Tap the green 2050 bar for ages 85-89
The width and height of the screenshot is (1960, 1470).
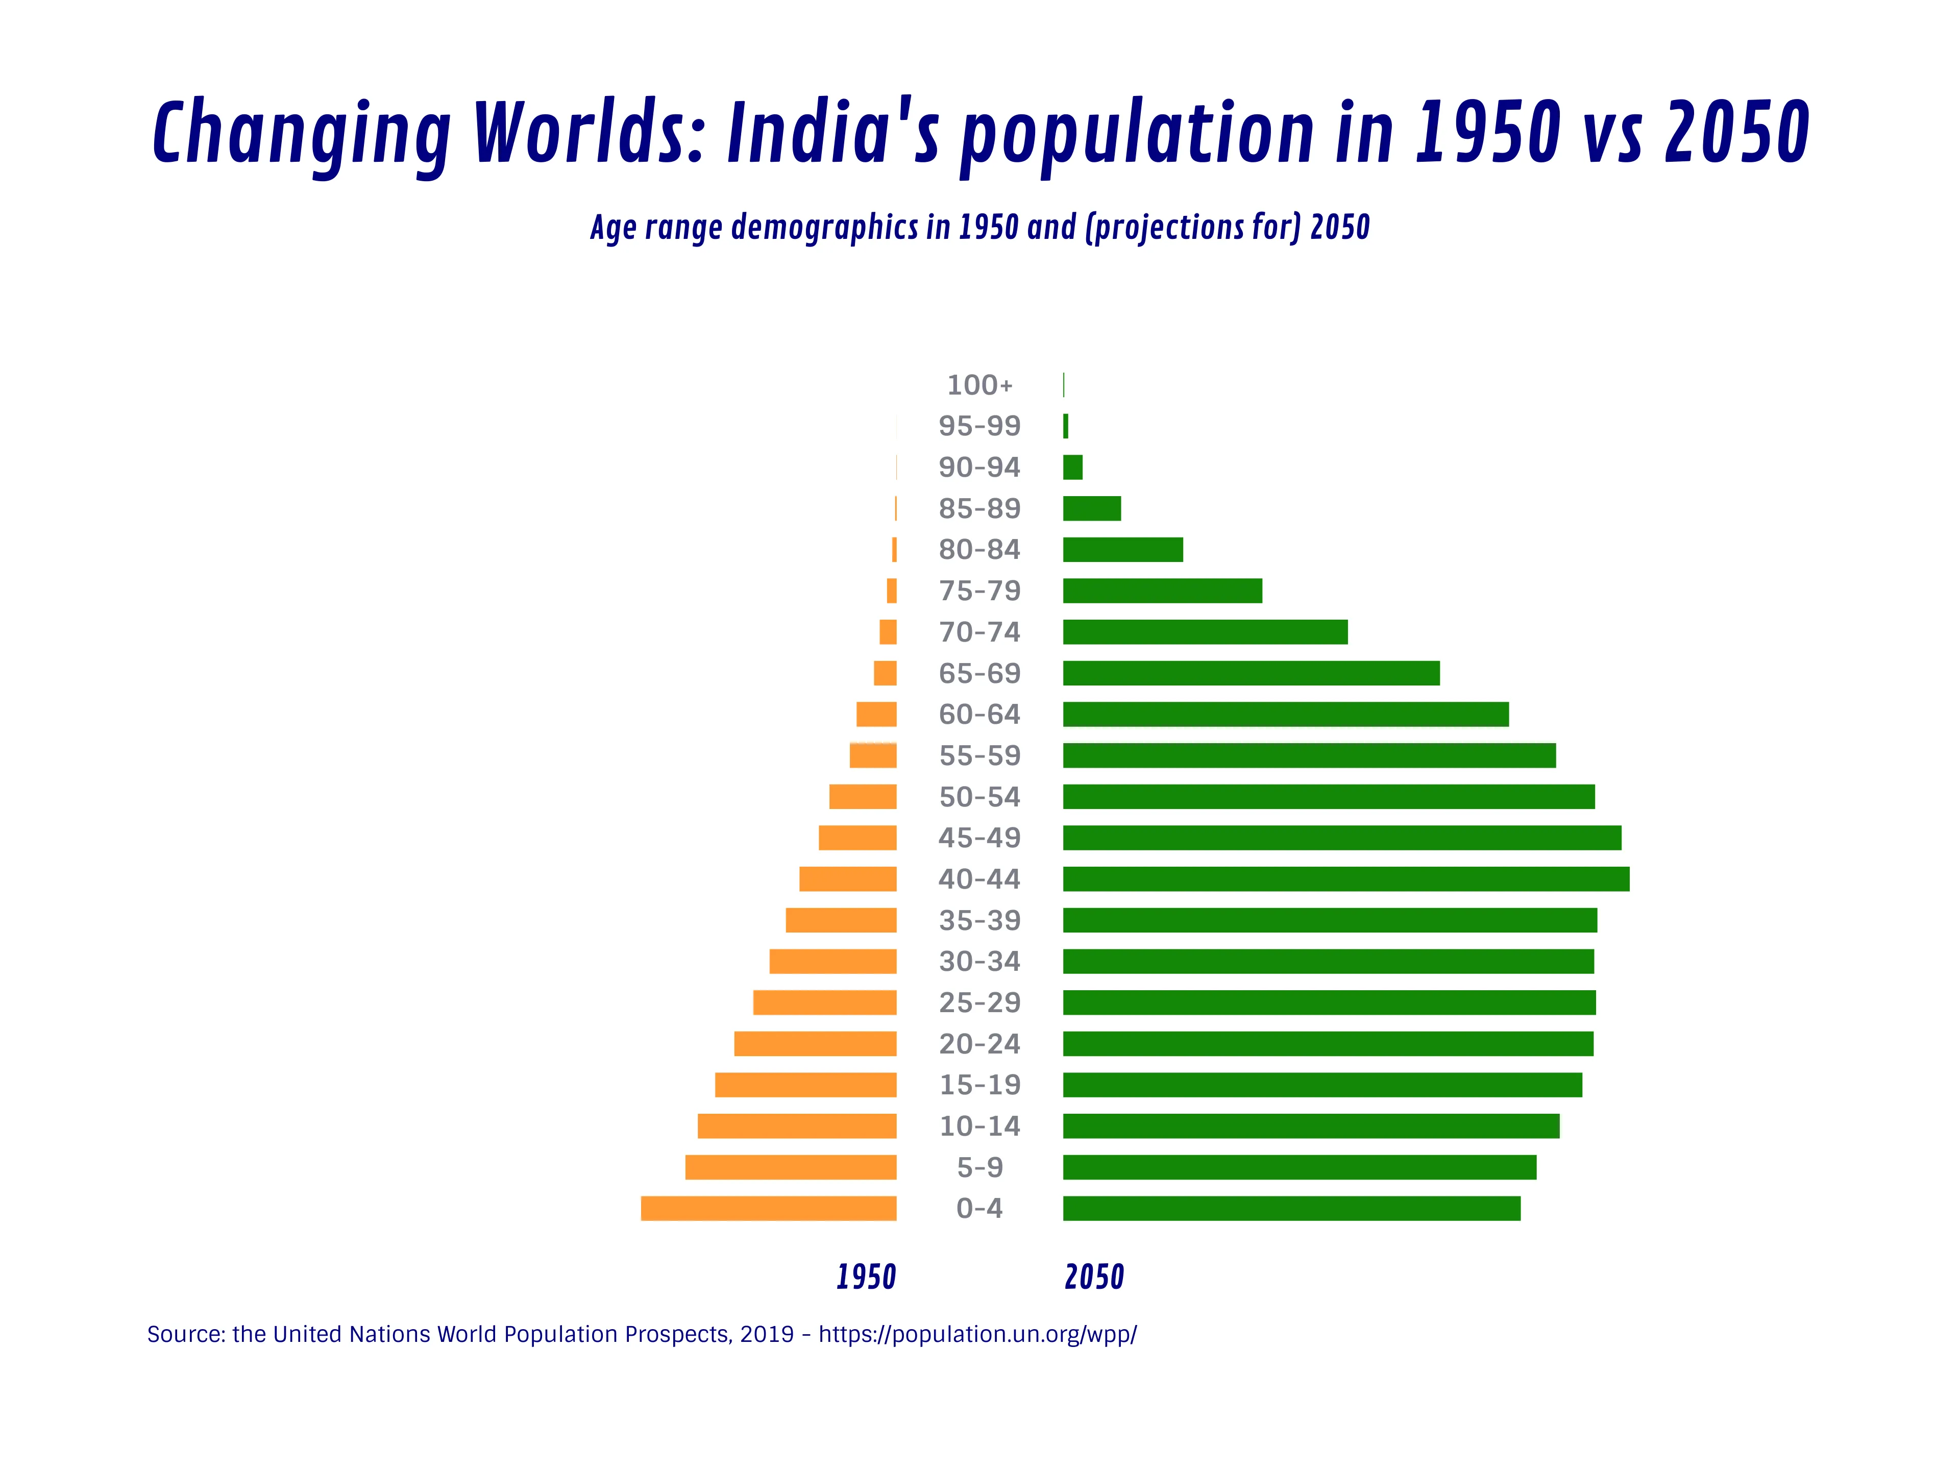click(1092, 508)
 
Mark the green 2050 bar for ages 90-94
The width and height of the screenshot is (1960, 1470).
click(1072, 467)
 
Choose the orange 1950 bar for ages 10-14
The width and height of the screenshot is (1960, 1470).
click(797, 1126)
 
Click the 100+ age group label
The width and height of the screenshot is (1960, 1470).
click(979, 385)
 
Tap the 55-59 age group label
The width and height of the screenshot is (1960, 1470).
click(979, 756)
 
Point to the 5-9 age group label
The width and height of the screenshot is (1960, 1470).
click(979, 1168)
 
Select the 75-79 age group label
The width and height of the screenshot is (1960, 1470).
click(979, 591)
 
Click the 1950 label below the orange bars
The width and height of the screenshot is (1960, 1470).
click(866, 1277)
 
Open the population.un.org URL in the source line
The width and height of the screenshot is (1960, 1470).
click(977, 1334)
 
